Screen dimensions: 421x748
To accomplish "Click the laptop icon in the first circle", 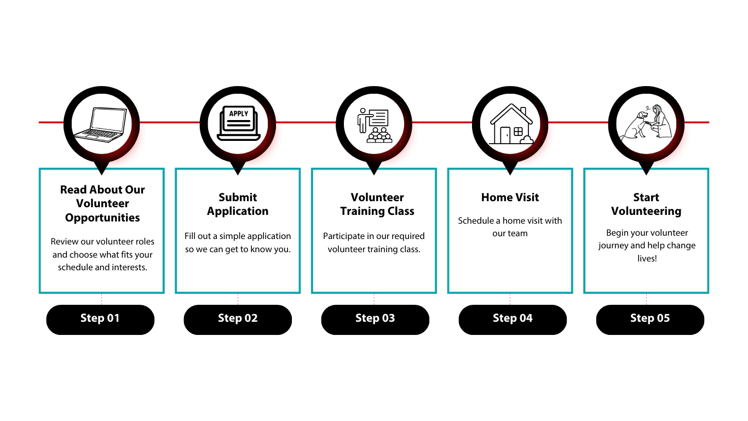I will click(102, 123).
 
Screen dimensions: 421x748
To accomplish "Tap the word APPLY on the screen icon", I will click(238, 113).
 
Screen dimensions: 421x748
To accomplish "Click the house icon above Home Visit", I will click(510, 125).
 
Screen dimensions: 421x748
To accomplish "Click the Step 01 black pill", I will click(100, 319).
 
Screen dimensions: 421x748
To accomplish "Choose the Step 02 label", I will click(238, 318).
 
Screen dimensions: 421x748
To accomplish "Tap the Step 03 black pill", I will click(375, 319).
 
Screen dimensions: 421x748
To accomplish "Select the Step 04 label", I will click(513, 318).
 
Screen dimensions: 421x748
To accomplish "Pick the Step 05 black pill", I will click(650, 319).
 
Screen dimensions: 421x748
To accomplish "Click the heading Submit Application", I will click(238, 204).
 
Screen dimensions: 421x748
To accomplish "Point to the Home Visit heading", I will click(510, 197).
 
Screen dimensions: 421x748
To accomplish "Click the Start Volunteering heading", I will click(646, 204).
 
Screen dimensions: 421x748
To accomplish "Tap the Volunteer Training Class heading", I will click(377, 204).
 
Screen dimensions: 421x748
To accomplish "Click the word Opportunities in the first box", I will click(102, 218).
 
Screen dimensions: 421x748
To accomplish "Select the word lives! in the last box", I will click(647, 258).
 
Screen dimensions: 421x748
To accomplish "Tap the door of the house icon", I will click(505, 135).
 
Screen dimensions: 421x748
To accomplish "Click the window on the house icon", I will click(518, 132).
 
